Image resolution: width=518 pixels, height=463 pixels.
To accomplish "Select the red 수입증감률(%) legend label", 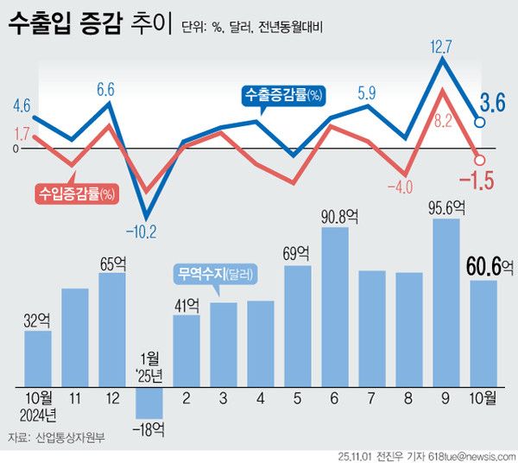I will point(78,193).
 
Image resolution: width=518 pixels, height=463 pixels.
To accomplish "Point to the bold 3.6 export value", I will point(492,105).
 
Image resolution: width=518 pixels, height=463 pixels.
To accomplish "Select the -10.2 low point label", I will point(139,231).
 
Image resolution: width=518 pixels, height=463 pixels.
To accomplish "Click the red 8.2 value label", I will point(443,121).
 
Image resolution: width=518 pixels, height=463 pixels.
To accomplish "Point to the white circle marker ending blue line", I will point(480,123).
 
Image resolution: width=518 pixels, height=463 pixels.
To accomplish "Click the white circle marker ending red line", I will point(480,159).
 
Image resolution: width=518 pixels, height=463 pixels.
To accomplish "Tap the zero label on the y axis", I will point(15,149).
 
